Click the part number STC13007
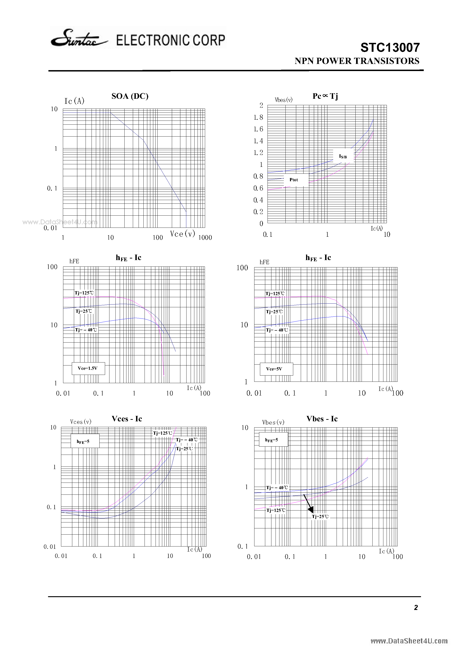[390, 47]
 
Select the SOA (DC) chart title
[130, 96]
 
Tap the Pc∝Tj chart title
[325, 96]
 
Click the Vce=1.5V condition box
[88, 368]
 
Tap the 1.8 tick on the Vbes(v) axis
[258, 117]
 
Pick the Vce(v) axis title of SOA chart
[182, 234]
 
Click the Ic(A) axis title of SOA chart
[74, 101]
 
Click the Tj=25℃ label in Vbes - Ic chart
[320, 516]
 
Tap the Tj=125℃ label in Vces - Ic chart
[162, 433]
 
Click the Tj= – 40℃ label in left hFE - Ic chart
[86, 330]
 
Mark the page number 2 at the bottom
[416, 607]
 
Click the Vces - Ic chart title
[127, 419]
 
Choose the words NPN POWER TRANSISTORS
[357, 61]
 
